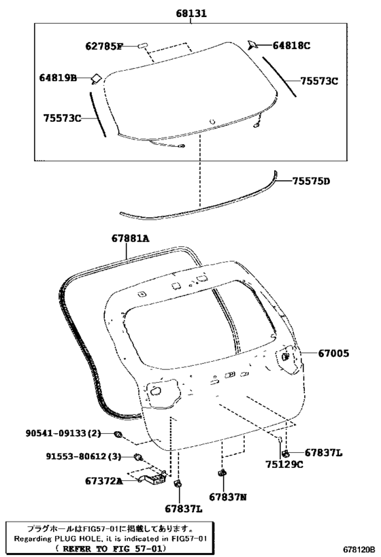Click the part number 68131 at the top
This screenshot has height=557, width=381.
coord(191,14)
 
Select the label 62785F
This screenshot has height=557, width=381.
coord(104,46)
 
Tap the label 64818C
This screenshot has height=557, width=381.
coord(291,46)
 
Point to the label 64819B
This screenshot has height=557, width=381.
coord(58,78)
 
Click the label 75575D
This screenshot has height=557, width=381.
coord(312,182)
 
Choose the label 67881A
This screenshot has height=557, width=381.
coord(130,238)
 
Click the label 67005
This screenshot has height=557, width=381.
coord(333,354)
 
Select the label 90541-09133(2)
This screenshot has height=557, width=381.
coord(63,433)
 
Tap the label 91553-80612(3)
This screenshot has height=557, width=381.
coord(84,456)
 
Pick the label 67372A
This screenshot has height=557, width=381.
coord(104,482)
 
